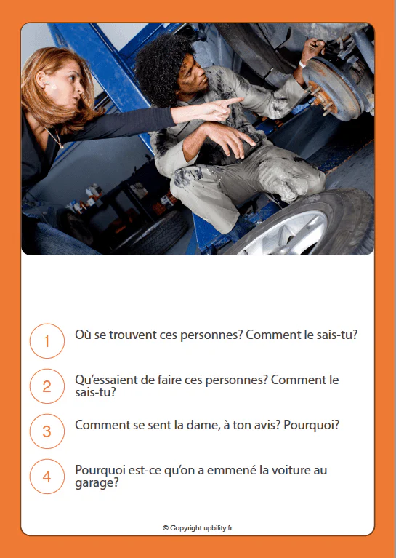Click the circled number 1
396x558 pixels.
pyautogui.click(x=47, y=341)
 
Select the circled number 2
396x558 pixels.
pyautogui.click(x=47, y=386)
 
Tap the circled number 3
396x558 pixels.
pyautogui.click(x=47, y=431)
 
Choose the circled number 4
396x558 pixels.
pyautogui.click(x=47, y=477)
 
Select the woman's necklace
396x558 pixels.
pyautogui.click(x=56, y=138)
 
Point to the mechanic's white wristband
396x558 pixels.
pyautogui.click(x=302, y=64)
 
